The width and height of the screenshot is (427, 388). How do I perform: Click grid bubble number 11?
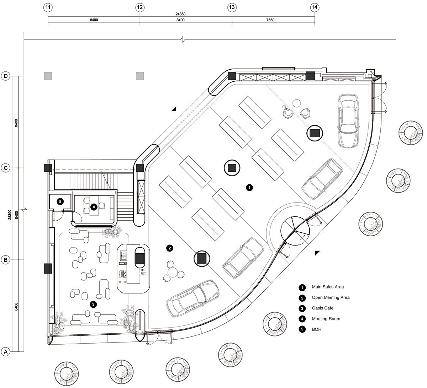pos(48,7)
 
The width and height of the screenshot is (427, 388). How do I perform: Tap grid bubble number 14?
pos(315,7)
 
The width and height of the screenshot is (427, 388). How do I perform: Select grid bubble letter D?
pos(6,76)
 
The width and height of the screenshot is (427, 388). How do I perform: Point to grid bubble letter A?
pos(6,352)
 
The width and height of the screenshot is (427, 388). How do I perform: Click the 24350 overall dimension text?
pos(180,14)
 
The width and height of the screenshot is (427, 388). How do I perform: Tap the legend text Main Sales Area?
pos(328,287)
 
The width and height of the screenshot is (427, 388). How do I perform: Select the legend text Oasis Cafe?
pos(323,308)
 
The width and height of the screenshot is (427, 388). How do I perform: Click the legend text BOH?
pos(316,329)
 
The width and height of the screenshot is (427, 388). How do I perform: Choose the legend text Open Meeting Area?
pos(331,297)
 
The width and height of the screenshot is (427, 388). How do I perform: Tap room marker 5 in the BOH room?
pos(60,201)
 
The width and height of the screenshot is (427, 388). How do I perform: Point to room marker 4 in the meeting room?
pos(93,206)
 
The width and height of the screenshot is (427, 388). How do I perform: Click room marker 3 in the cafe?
pos(93,304)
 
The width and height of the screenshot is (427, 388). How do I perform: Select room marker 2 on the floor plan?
pos(170,248)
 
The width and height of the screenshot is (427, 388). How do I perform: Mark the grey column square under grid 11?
pos(48,76)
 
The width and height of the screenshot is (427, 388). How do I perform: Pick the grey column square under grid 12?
pos(140,76)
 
